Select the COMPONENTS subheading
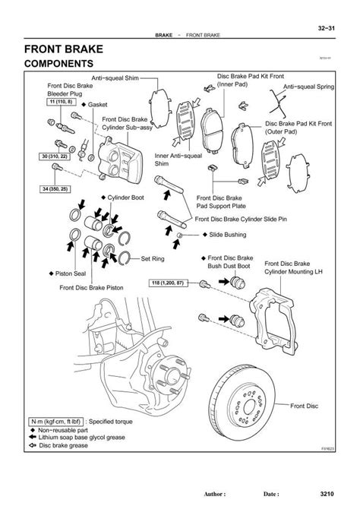pos(58,65)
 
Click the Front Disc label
pos(306,407)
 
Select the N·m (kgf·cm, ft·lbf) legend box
pos(56,419)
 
